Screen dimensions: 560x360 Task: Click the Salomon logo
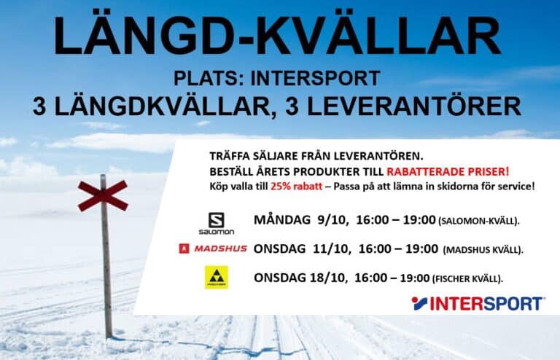(217, 224)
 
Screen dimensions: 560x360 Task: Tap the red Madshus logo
(213, 249)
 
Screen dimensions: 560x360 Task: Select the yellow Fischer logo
(217, 277)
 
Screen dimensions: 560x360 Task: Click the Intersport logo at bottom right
(478, 304)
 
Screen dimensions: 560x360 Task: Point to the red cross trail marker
(103, 195)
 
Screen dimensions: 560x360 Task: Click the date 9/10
(332, 220)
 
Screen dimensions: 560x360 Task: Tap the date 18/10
(328, 278)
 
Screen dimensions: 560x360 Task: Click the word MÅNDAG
(282, 219)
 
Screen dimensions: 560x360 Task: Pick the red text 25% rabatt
(297, 187)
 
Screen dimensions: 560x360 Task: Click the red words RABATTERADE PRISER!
(448, 171)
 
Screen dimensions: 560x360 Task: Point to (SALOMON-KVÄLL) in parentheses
(478, 222)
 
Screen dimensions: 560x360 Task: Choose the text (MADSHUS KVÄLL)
(482, 250)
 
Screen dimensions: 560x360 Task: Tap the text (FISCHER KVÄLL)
(467, 278)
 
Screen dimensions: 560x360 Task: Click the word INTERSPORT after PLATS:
(315, 78)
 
